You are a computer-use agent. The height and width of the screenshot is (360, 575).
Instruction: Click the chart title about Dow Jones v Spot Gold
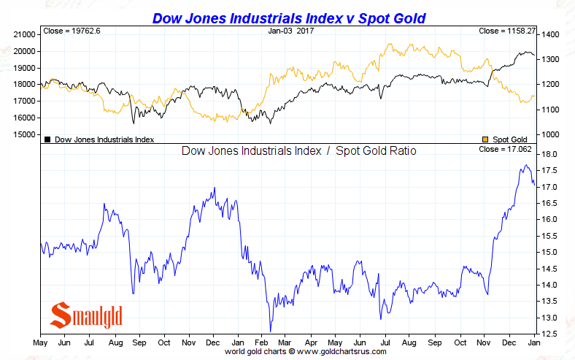(x=287, y=16)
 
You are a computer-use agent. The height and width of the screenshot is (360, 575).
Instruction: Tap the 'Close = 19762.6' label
(x=71, y=31)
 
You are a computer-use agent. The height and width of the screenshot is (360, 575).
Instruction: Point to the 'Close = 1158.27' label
(x=506, y=31)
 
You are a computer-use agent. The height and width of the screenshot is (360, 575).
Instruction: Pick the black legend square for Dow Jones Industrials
(x=47, y=139)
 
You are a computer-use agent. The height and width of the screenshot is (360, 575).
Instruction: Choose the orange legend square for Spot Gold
(x=486, y=139)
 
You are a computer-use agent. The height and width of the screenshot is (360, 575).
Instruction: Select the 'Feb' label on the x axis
(x=262, y=342)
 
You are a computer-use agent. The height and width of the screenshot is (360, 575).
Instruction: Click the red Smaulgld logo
(x=85, y=315)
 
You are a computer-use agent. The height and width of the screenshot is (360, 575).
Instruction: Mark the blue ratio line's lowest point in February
(x=270, y=331)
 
